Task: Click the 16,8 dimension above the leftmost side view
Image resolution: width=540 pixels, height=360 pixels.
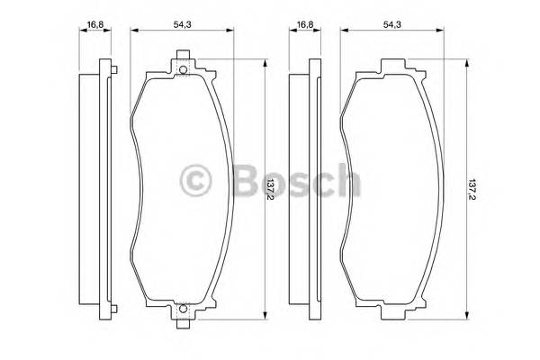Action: [x=94, y=25]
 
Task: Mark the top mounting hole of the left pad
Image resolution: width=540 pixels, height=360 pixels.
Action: [x=184, y=72]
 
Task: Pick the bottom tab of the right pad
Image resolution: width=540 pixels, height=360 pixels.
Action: [x=392, y=315]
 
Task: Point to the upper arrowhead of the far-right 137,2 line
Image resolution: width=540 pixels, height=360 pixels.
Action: [x=466, y=63]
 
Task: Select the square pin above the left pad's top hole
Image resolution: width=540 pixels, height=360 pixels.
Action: [x=184, y=62]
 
